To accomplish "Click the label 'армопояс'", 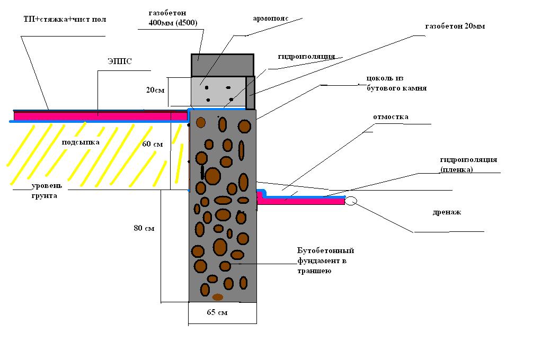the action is pos(271,19).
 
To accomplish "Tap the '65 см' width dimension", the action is pos(217,312).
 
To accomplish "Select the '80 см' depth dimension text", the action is pos(144,228).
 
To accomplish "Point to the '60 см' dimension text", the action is pos(152,144).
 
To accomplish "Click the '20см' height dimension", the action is pos(155,90).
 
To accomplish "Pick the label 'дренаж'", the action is pos(447,212).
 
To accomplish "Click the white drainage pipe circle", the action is pos(351,201).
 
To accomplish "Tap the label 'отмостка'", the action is pos(391,117).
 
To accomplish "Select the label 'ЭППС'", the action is pos(120,61).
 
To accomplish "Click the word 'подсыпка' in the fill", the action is pos(81,142).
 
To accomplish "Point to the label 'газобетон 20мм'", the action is pos(455,26).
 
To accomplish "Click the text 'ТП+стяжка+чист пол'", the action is pos(65,19).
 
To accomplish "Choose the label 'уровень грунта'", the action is pos(47,191).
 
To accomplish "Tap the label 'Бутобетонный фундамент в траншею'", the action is pos(326,260).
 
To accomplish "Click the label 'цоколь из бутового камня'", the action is pos(396,83).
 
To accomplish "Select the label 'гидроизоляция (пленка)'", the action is pos(468,165).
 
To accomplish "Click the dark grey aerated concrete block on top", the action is pos(223,65).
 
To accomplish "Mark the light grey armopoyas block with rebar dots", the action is pos(218,92).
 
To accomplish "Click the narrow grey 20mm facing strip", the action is pos(251,93).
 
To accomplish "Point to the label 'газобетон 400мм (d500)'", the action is pos(173,18).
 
